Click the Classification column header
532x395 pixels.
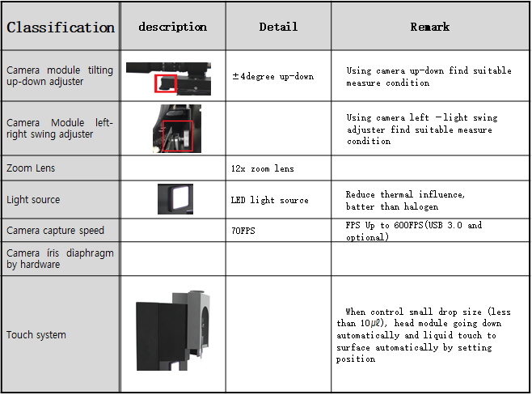[61, 28]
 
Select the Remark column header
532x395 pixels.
[430, 27]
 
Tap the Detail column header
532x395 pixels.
[278, 27]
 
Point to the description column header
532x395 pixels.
[173, 27]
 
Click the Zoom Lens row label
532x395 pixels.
[31, 168]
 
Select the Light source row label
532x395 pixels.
[33, 200]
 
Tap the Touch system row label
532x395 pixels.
[36, 335]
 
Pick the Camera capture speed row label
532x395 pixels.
[55, 230]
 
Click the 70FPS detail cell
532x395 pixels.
[243, 231]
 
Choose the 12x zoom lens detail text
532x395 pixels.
[262, 168]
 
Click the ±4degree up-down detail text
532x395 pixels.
[272, 76]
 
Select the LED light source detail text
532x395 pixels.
[269, 200]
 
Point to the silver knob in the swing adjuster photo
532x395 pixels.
[186, 138]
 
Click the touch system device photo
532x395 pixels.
[172, 329]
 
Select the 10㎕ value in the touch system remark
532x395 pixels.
[371, 323]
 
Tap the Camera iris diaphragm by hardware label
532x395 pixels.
[60, 258]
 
